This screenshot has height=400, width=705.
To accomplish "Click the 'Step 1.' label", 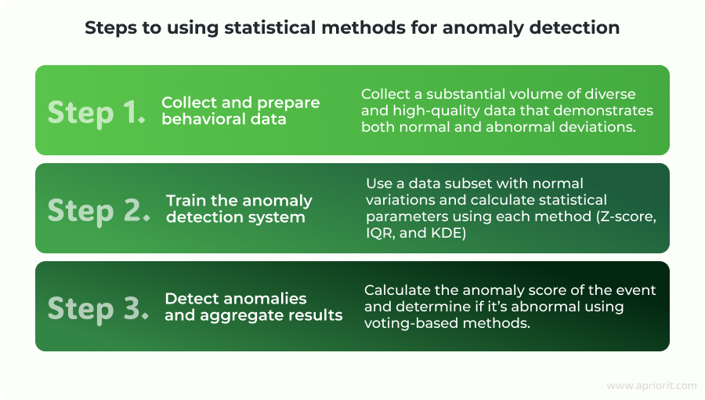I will (x=96, y=112).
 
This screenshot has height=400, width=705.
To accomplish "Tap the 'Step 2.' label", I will (x=99, y=210).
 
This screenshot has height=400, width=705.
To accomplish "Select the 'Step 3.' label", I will (x=98, y=307).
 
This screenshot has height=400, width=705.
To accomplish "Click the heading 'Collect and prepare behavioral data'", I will (x=240, y=111).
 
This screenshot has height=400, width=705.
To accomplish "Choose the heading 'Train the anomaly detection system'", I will (x=239, y=209).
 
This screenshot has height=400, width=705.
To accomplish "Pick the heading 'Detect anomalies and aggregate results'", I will (x=254, y=307).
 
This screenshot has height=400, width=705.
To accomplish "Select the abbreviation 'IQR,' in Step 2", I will (x=381, y=233).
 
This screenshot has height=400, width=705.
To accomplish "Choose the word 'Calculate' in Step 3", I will (x=397, y=289).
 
